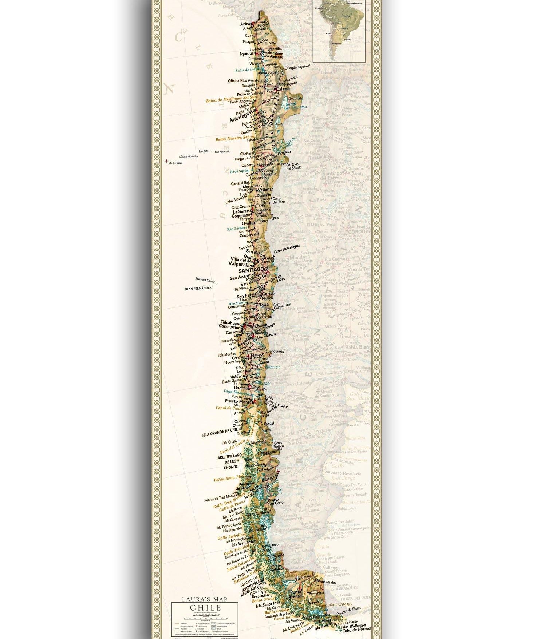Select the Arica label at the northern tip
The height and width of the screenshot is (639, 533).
tap(245, 24)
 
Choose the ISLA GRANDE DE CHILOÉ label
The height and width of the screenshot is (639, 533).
tap(222, 432)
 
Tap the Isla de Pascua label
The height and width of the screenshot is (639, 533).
tap(175, 163)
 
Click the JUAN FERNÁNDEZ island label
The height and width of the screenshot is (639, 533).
tap(198, 288)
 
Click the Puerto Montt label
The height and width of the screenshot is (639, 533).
tap(238, 401)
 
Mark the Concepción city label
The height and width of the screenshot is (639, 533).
tap(229, 327)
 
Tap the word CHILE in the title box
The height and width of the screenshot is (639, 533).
tap(205, 608)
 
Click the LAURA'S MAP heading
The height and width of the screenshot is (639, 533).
tap(205, 599)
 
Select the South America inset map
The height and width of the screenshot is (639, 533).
tap(339, 30)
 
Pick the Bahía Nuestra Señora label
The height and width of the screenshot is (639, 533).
tap(235, 138)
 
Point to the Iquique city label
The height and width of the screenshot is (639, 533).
tap(247, 54)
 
